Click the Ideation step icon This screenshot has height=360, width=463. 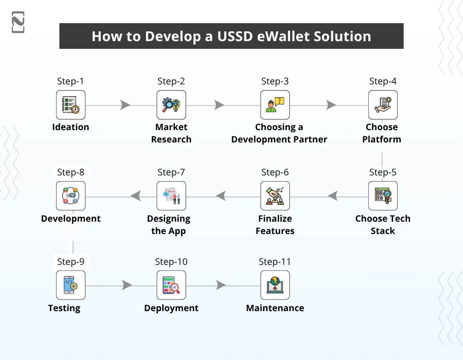pos(70,105)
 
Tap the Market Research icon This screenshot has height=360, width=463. pos(171,105)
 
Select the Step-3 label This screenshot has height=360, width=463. pos(275,81)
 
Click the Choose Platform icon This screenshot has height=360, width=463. pos(382,105)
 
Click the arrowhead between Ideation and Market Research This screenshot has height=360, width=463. pos(125,105)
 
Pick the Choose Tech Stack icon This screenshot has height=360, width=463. pos(382,196)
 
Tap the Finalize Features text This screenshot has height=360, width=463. pos(275,225)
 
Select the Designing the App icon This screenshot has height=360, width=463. pos(171,196)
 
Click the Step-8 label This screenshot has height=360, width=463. pos(70,172)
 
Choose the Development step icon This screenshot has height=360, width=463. pos(70,196)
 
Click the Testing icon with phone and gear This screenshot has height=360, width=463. pos(70,285)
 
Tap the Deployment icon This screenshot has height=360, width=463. pos(171,285)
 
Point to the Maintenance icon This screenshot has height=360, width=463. pos(275,285)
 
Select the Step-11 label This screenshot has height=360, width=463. pos(275,262)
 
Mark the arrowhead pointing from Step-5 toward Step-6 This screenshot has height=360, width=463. pos(332,196)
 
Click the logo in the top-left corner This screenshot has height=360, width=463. pos(18,22)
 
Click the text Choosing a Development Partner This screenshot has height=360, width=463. pos(279,133)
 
